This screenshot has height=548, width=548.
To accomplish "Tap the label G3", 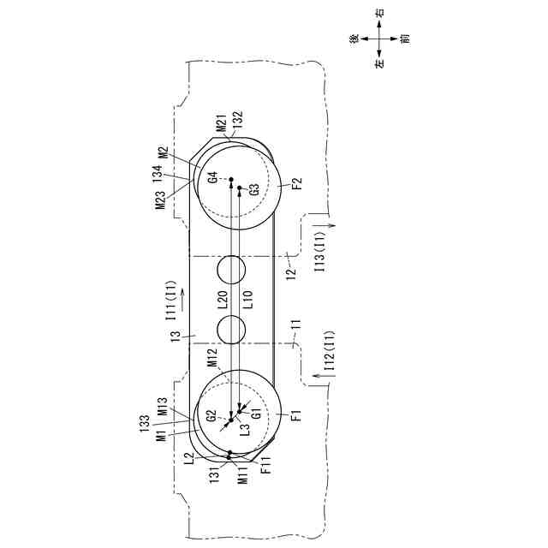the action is tap(254, 188).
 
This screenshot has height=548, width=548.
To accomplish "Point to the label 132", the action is tap(237, 118).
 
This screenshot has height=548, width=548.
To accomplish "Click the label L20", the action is tap(222, 299).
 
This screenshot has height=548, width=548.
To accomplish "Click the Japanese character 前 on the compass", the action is tap(404, 39).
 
